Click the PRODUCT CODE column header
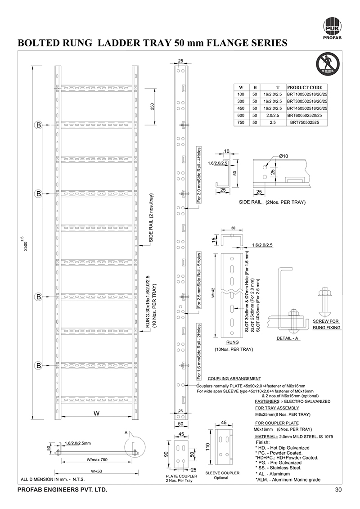[308, 87]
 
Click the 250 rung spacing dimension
[153, 107]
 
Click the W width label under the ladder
[96, 413]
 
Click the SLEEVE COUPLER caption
[222, 473]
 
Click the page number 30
[339, 489]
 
